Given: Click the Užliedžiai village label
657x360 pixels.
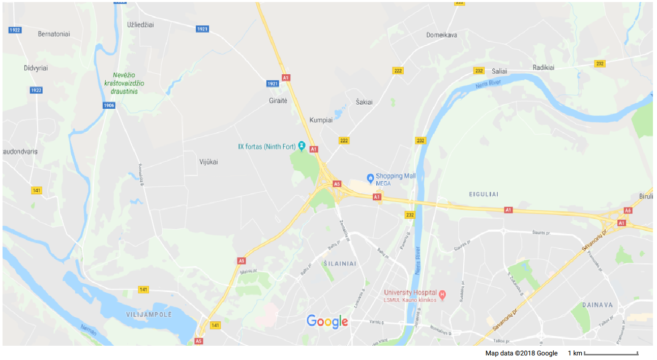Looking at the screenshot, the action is click(x=140, y=24).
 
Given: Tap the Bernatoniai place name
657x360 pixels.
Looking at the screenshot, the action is click(x=54, y=34).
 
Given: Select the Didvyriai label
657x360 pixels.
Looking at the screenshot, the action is click(x=36, y=68).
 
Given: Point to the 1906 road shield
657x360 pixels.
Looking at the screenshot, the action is click(x=108, y=105).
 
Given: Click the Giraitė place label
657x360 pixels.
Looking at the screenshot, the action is click(x=278, y=101).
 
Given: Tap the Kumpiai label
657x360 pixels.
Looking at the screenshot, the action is click(x=321, y=120).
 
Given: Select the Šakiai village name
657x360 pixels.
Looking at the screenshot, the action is click(x=364, y=102).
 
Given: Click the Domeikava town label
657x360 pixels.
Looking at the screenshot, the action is click(x=441, y=35).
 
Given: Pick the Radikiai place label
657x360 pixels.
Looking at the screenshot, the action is click(x=544, y=67).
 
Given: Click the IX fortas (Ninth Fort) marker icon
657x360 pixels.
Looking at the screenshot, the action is click(x=302, y=146).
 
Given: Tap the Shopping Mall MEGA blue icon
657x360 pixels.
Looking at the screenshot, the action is click(x=370, y=178).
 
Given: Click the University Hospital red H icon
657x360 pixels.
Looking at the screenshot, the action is click(x=442, y=294).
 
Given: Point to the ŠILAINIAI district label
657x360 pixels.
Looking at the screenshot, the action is click(x=340, y=263).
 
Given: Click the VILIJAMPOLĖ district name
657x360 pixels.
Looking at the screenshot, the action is click(x=149, y=314).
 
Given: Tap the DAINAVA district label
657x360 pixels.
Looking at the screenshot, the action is click(x=599, y=305).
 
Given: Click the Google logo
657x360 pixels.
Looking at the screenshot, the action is click(x=327, y=321).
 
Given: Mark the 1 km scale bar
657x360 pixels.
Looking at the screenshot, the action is click(x=611, y=353).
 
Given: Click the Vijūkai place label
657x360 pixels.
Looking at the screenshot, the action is click(x=208, y=162).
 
